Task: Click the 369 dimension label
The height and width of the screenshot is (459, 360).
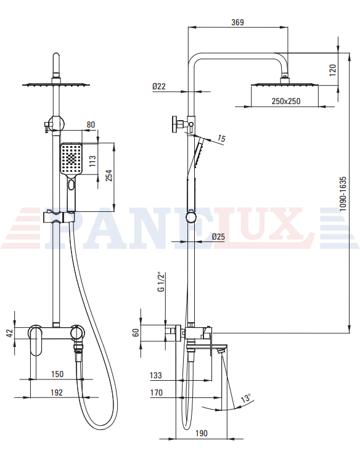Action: pyautogui.click(x=237, y=22)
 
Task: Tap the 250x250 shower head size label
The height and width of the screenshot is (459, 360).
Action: pyautogui.click(x=286, y=101)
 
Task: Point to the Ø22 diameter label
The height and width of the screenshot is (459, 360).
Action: pyautogui.click(x=159, y=86)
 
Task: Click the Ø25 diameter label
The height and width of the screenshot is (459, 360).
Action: pyautogui.click(x=218, y=237)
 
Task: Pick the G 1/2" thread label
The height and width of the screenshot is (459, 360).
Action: pyautogui.click(x=161, y=282)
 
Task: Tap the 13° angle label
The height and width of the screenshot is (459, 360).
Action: pyautogui.click(x=246, y=399)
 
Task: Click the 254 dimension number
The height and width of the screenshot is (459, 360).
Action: pyautogui.click(x=109, y=176)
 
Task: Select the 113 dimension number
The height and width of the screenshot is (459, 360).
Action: pyautogui.click(x=92, y=161)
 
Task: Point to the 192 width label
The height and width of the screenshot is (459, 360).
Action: pyautogui.click(x=57, y=392)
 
